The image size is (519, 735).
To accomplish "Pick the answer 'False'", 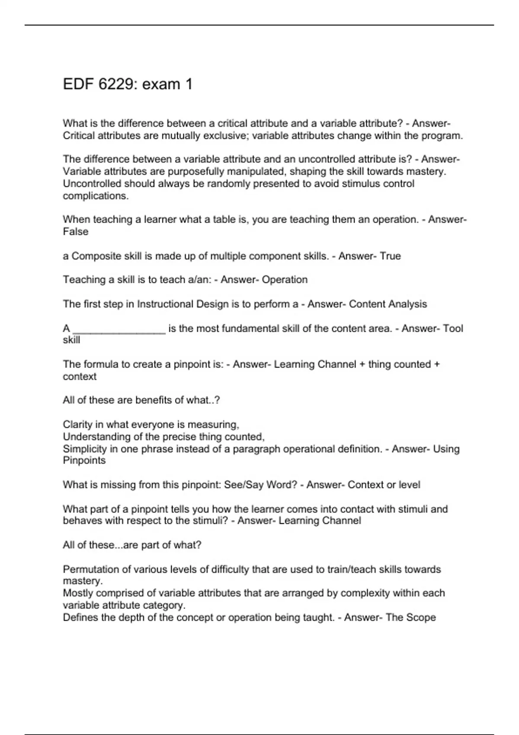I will pyautogui.click(x=76, y=232).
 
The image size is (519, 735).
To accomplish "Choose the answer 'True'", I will pyautogui.click(x=390, y=256).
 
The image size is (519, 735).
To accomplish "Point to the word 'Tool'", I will pyautogui.click(x=453, y=329).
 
